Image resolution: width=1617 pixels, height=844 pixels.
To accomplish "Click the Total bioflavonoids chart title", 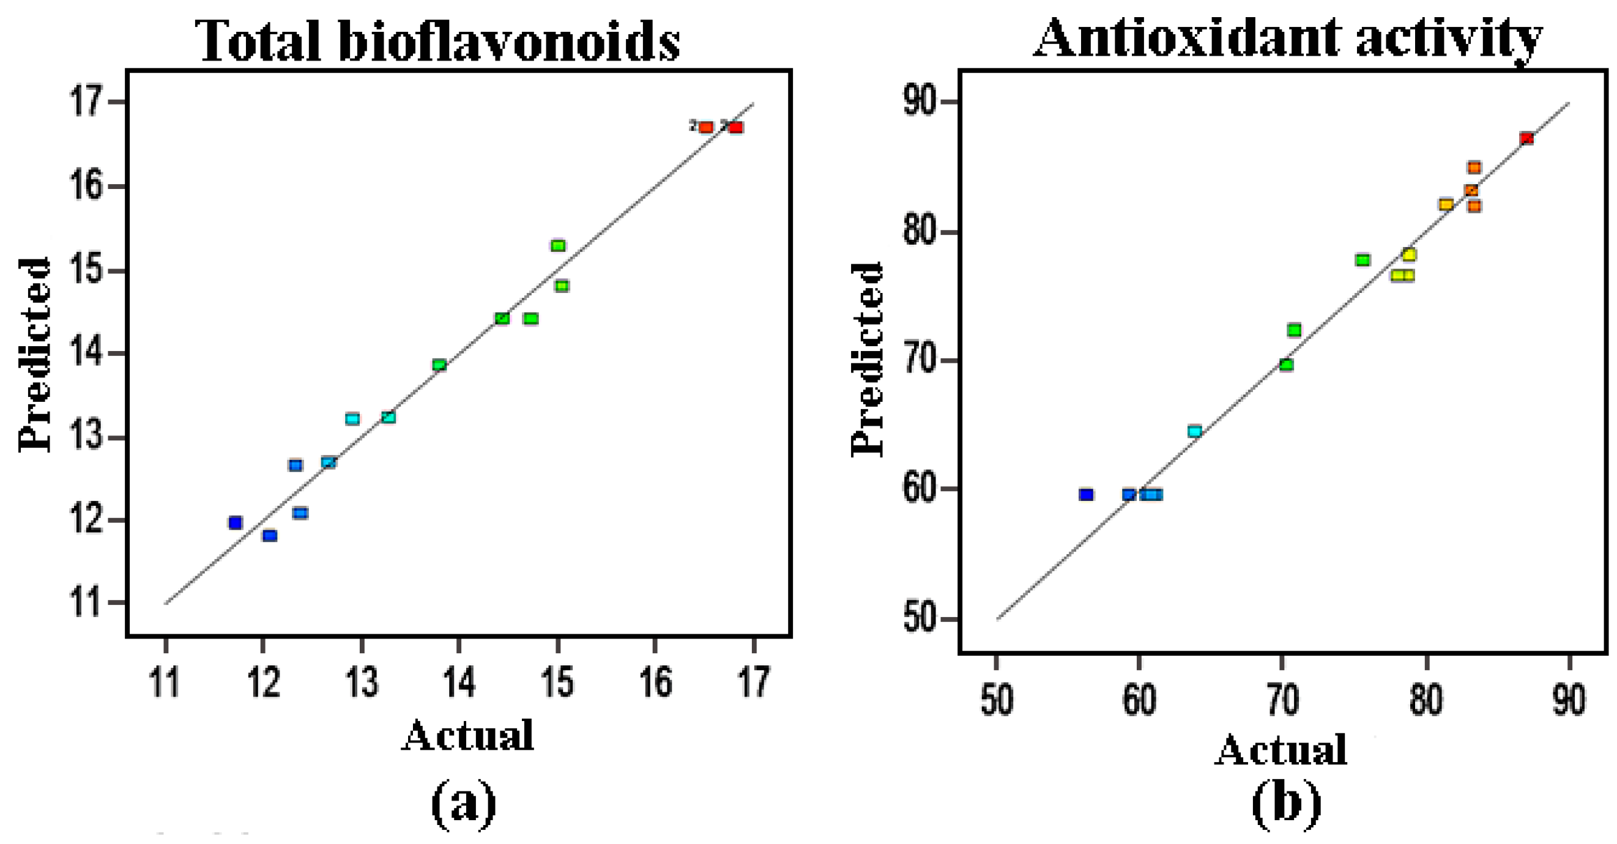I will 437,40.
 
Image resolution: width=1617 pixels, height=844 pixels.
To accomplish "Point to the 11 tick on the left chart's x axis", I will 165,683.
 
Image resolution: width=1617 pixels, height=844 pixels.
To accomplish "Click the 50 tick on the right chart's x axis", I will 996,699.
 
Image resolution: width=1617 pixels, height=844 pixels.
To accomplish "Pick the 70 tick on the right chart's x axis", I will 1282,699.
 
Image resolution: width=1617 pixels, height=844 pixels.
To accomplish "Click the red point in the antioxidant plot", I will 1526,138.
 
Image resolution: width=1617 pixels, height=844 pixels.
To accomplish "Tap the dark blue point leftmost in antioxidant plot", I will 1086,495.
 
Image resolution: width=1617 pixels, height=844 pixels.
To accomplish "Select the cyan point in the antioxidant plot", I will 1194,431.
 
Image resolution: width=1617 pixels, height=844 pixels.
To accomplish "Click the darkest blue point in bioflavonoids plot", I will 236,523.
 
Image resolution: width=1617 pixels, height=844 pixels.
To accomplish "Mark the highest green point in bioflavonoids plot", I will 558,245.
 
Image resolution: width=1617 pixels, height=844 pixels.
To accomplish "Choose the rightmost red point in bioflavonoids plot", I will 735,127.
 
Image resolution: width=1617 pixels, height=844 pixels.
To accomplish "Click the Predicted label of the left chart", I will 34,355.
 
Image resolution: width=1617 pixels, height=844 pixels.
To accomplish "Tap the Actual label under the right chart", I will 1281,750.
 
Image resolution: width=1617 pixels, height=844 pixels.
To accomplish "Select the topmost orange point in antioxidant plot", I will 1474,168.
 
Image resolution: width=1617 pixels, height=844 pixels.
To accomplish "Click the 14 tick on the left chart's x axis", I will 459,683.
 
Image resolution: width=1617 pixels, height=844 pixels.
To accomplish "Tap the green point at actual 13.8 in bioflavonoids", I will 439,365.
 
